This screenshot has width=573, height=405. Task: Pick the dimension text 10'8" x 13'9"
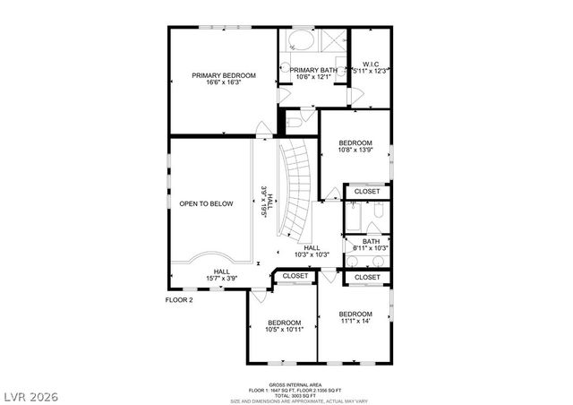pyautogui.click(x=355, y=151)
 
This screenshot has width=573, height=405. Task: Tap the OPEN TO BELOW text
pyautogui.click(x=206, y=203)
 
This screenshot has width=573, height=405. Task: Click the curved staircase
pyautogui.click(x=295, y=188)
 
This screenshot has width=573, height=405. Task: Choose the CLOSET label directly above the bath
pyautogui.click(x=367, y=192)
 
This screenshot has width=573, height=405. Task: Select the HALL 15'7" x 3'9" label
pyautogui.click(x=220, y=275)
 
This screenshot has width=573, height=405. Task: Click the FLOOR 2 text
pyautogui.click(x=179, y=300)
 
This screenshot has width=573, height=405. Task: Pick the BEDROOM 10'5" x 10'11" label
pyautogui.click(x=285, y=326)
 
